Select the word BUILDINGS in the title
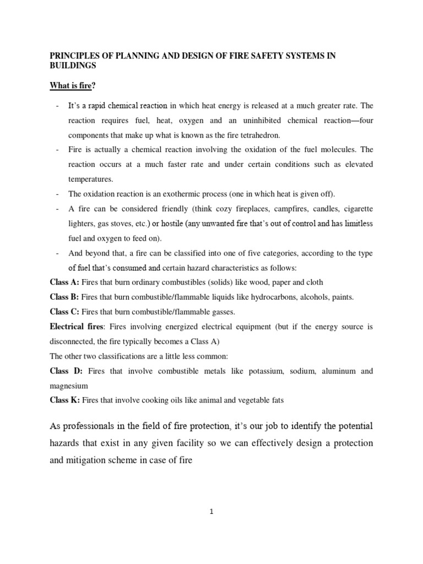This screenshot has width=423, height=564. pos(73,65)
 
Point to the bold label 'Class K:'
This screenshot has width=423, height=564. pos(66,400)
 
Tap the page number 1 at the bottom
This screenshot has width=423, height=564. pos(211,512)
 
